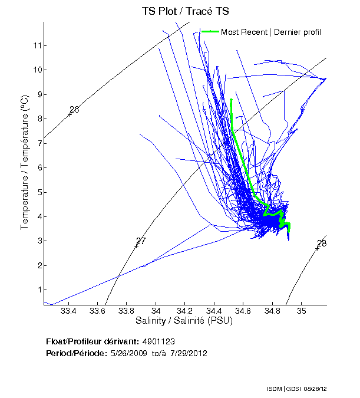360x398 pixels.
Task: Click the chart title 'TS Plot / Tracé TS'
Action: (x=185, y=11)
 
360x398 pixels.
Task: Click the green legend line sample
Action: (x=210, y=31)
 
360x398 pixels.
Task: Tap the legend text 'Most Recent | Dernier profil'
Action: (x=271, y=32)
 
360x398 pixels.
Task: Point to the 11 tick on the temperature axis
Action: (x=37, y=45)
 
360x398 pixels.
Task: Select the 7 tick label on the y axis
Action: (x=37, y=143)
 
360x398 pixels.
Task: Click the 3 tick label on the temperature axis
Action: (x=37, y=241)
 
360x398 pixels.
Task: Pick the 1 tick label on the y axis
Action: (x=37, y=290)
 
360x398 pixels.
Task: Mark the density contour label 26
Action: (x=74, y=110)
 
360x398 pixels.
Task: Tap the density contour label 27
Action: (x=140, y=241)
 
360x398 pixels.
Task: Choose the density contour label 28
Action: (x=321, y=244)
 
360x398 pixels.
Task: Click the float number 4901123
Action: (x=158, y=341)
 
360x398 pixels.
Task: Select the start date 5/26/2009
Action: (x=130, y=353)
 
